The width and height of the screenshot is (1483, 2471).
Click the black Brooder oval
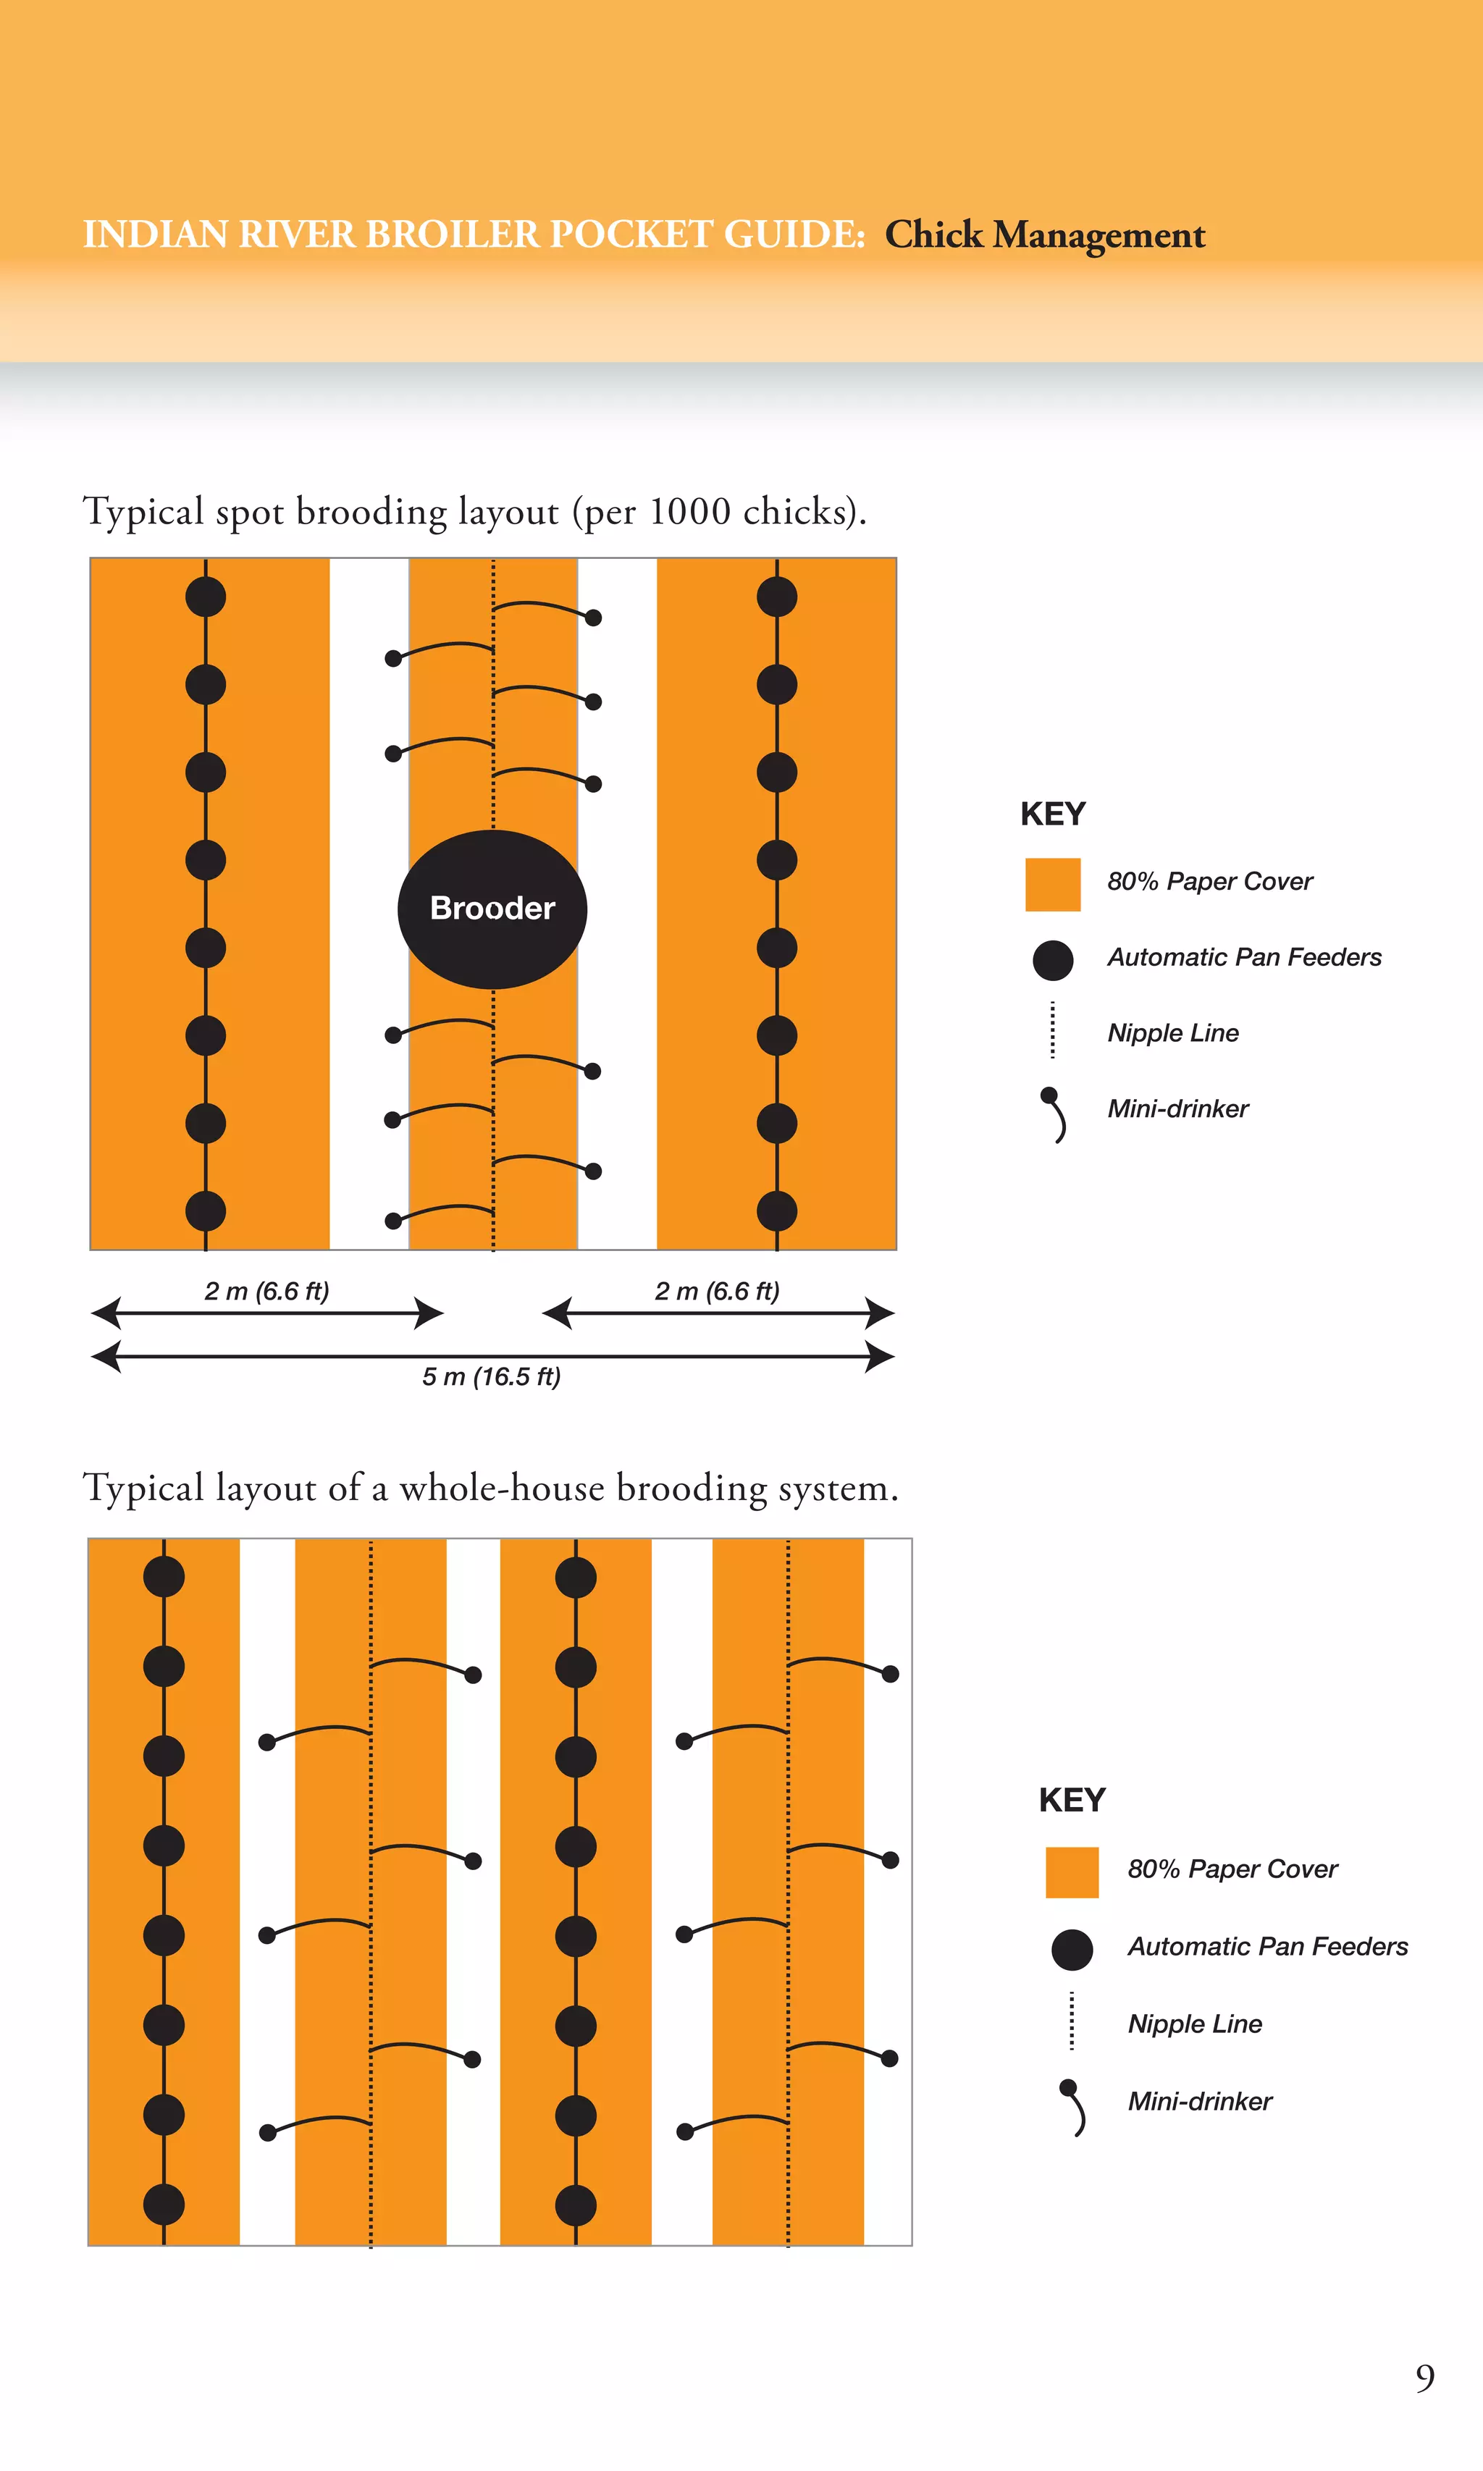tap(492, 909)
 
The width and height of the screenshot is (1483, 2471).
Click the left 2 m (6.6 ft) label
tap(266, 1291)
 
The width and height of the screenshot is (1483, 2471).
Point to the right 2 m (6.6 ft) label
tap(716, 1291)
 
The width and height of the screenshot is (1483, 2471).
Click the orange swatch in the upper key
tap(1052, 883)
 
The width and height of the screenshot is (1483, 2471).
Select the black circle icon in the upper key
tap(1052, 959)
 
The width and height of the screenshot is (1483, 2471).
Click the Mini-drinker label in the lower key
tap(1199, 2101)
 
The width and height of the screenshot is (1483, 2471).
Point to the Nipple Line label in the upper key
tap(1172, 1033)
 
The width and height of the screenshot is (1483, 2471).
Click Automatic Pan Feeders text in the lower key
tap(1267, 1946)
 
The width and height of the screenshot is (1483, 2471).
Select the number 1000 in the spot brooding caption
tap(689, 512)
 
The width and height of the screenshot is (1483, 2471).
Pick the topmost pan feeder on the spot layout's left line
tap(206, 597)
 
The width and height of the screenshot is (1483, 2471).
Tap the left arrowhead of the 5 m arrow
tap(105, 1356)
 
